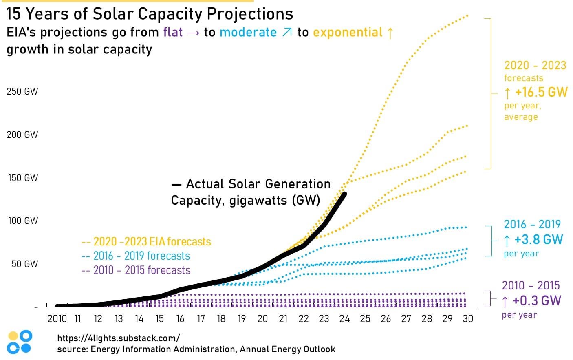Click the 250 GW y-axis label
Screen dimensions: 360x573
pyautogui.click(x=22, y=91)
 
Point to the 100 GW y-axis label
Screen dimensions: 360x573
pyautogui.click(x=23, y=221)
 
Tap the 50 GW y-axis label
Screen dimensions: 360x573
pyautogui.click(x=24, y=264)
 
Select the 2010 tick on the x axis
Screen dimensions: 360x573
pyautogui.click(x=57, y=318)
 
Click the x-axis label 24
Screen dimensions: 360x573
pyautogui.click(x=344, y=318)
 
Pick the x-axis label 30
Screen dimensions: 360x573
pyautogui.click(x=468, y=318)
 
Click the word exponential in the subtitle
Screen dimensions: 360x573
pyautogui.click(x=348, y=32)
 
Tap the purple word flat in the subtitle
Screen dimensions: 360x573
pyautogui.click(x=173, y=32)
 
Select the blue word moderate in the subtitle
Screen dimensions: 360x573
pyautogui.click(x=248, y=32)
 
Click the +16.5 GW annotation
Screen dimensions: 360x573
pyautogui.click(x=541, y=92)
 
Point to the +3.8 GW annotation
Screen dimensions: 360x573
pyautogui.click(x=538, y=239)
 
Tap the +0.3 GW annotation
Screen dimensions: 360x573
pyautogui.click(x=536, y=301)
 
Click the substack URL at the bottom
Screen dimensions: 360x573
pyautogui.click(x=118, y=338)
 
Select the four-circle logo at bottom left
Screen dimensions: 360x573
pyautogui.click(x=20, y=342)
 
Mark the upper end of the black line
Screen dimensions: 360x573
pyautogui.click(x=345, y=194)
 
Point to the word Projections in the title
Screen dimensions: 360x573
pyautogui.click(x=250, y=14)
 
